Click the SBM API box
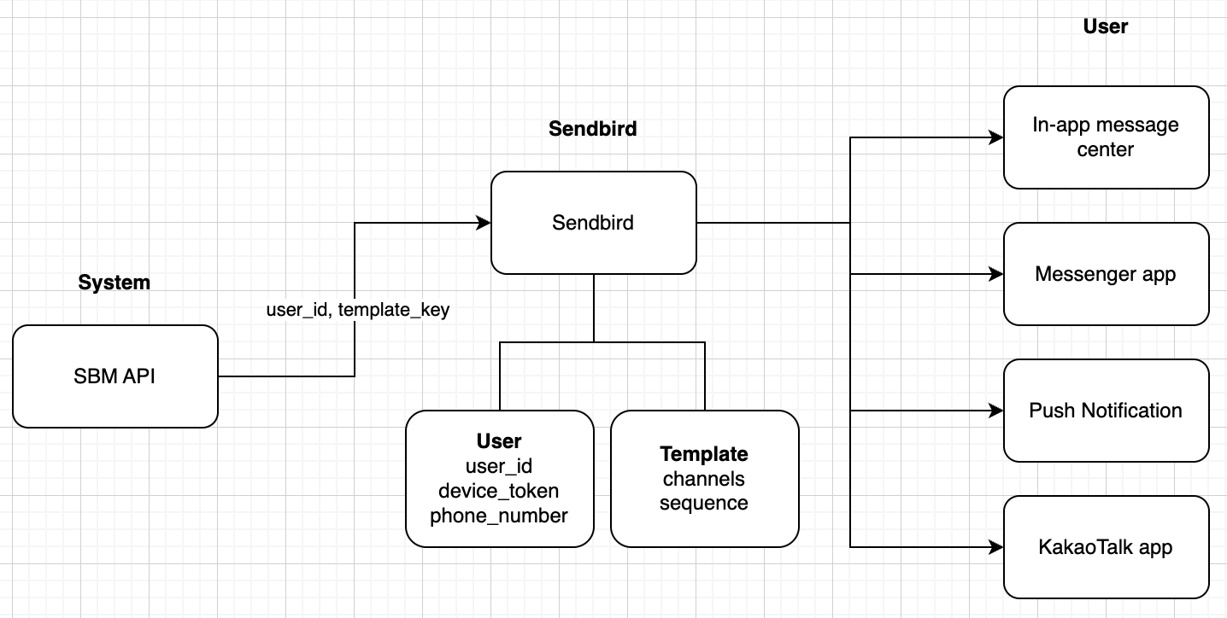pyautogui.click(x=114, y=376)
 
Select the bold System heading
pyautogui.click(x=114, y=283)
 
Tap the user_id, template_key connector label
pyautogui.click(x=357, y=311)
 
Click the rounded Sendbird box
pyautogui.click(x=593, y=223)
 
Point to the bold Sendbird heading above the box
pyautogui.click(x=592, y=129)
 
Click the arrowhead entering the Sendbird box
pyautogui.click(x=484, y=223)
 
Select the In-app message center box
pyautogui.click(x=1106, y=137)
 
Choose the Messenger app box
pyautogui.click(x=1106, y=274)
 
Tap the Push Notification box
pyautogui.click(x=1106, y=411)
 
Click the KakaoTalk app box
pyautogui.click(x=1106, y=547)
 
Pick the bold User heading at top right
pyautogui.click(x=1106, y=26)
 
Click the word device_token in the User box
pyautogui.click(x=499, y=491)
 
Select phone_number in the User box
pyautogui.click(x=499, y=516)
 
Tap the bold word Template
pyautogui.click(x=704, y=454)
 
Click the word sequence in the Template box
pyautogui.click(x=704, y=503)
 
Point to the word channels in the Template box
pyautogui.click(x=704, y=479)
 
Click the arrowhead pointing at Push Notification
pyautogui.click(x=996, y=411)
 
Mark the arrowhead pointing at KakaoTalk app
pyautogui.click(x=996, y=547)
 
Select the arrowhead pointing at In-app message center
pyautogui.click(x=996, y=137)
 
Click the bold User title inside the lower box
pyautogui.click(x=499, y=441)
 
